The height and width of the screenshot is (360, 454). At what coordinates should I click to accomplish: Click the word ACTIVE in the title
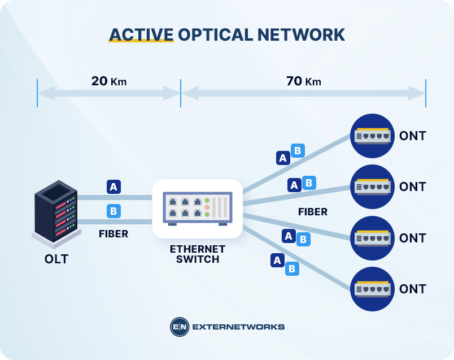141,34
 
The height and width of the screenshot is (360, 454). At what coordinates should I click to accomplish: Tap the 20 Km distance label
109,81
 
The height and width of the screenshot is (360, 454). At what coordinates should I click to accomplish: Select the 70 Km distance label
303,81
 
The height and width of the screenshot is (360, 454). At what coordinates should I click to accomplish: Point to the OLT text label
56,260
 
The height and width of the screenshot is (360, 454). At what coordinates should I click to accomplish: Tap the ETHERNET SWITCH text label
198,254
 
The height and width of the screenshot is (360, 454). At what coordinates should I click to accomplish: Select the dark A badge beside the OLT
114,186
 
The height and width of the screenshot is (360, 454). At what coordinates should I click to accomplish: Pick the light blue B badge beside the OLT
114,211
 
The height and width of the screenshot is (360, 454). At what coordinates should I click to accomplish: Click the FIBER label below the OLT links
114,233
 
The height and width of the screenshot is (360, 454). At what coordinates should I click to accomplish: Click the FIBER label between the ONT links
313,212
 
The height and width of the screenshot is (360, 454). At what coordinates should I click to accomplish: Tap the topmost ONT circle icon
372,136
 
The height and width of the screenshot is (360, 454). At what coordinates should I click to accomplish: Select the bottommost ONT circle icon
372,289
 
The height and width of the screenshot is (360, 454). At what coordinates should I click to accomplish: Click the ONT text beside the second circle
412,186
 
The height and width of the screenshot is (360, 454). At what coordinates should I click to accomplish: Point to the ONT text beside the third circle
412,238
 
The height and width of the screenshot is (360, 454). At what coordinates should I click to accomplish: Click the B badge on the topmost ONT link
298,151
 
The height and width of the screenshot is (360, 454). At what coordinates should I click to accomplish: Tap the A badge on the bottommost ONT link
277,260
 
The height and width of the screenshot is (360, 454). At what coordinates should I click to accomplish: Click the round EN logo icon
179,327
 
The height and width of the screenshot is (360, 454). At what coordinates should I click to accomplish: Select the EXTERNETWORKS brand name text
238,327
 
